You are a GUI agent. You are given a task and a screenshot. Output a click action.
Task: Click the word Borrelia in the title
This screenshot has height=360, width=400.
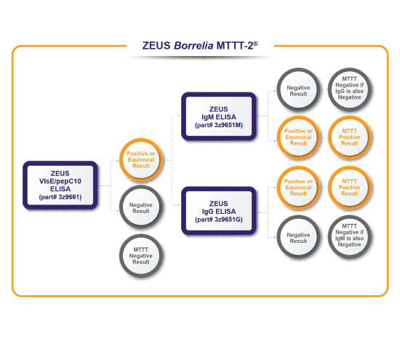(193, 46)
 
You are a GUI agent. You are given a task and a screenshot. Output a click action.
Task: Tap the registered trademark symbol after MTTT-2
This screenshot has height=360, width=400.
(255, 44)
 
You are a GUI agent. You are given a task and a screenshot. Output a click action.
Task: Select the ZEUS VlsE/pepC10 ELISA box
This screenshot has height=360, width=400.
(60, 185)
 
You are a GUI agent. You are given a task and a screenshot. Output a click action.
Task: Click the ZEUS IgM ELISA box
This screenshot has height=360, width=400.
(219, 116)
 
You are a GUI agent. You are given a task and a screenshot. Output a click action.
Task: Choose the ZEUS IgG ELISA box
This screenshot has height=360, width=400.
(219, 211)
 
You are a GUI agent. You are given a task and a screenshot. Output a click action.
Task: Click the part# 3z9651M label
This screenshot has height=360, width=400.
(219, 125)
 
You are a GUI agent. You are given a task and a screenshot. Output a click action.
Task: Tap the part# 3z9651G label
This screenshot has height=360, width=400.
(219, 220)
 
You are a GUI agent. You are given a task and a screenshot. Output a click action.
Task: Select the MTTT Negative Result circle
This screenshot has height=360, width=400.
(141, 256)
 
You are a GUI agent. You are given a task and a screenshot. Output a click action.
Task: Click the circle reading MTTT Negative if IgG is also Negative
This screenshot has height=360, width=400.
(350, 89)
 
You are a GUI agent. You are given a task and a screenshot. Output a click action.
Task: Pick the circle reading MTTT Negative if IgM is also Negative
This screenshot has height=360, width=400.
(350, 237)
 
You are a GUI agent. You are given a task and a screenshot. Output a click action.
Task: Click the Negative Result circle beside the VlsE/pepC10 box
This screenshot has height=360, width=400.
(141, 207)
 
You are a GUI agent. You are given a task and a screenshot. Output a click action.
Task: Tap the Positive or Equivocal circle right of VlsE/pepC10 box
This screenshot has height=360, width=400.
(141, 160)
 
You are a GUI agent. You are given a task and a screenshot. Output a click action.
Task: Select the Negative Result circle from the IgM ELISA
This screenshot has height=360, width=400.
(298, 89)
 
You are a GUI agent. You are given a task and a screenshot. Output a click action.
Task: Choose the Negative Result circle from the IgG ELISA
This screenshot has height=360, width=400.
(298, 237)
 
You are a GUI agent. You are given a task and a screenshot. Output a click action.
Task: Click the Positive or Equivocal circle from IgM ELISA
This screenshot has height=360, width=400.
(298, 137)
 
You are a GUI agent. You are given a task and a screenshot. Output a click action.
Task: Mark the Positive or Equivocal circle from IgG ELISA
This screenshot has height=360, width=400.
(298, 188)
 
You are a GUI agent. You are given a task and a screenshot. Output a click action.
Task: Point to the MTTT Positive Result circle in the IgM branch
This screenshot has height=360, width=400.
(350, 137)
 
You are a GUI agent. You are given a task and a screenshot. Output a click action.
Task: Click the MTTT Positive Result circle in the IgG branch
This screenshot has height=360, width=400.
(350, 188)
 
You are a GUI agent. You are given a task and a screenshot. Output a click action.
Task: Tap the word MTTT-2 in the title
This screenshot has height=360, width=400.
(235, 46)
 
